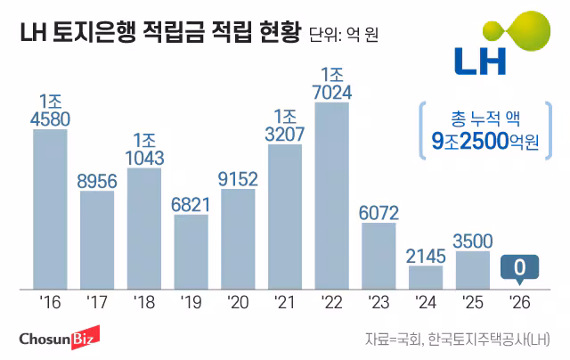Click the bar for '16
[50, 209]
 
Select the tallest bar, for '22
[332, 195]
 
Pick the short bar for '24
[427, 277]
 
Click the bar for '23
[379, 255]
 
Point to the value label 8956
[97, 181]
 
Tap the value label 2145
[427, 255]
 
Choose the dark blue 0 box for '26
[519, 267]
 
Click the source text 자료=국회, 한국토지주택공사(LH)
[457, 340]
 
